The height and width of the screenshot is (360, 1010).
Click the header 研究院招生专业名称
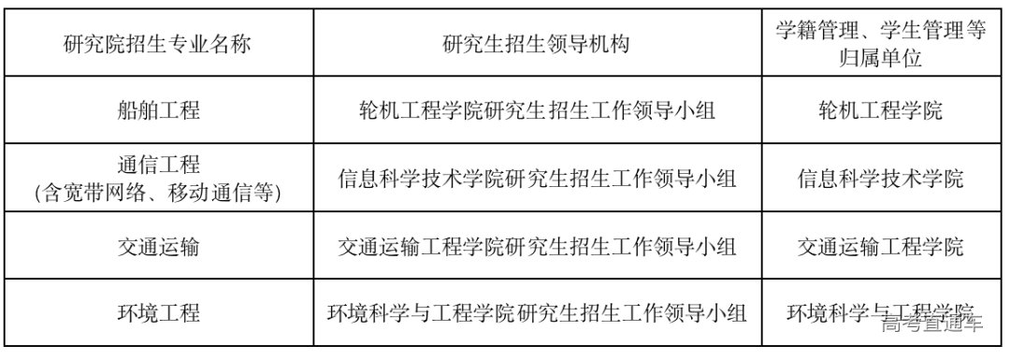coord(158,43)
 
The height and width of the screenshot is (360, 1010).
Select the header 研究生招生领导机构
coord(537,43)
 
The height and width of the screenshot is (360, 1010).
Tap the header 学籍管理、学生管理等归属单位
coord(880,43)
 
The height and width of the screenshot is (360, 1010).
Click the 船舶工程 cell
coord(158,110)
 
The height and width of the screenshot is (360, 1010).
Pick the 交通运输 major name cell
coord(158,247)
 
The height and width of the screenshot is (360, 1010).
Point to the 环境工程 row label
coord(158,312)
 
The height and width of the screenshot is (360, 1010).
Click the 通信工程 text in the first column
coord(158,166)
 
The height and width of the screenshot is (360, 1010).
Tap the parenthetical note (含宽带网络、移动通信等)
coord(158,193)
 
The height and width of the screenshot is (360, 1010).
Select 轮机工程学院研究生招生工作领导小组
coord(537,110)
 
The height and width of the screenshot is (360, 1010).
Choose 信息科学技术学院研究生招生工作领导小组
coord(537,179)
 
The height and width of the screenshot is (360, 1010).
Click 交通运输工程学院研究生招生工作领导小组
coord(537,247)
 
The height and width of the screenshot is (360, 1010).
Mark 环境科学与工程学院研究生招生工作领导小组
coord(537,312)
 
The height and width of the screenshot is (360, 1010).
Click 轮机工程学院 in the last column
coord(880,110)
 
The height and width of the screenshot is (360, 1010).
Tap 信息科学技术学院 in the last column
coord(880,179)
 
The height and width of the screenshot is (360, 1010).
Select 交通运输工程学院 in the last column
coord(880,247)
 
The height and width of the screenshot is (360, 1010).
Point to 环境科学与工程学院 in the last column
coord(870,310)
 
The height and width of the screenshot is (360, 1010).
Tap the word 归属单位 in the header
coord(880,58)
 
